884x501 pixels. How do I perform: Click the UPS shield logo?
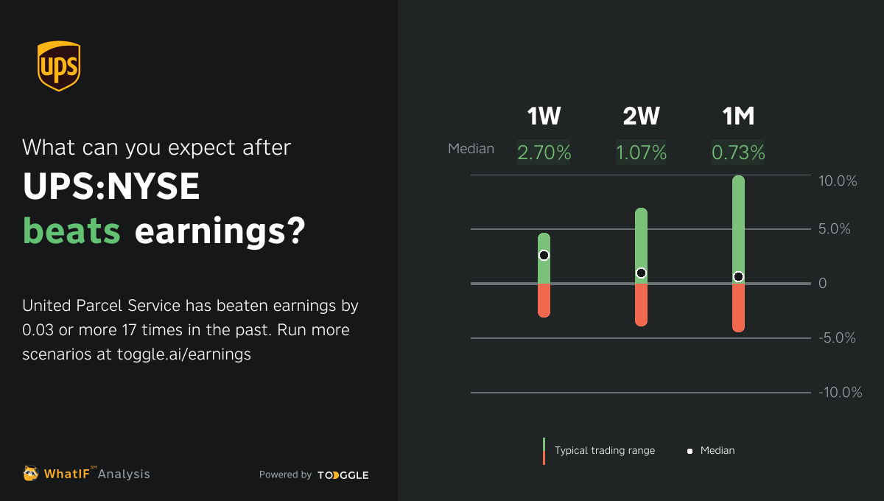(x=58, y=66)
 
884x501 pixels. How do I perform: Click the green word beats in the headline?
(x=71, y=231)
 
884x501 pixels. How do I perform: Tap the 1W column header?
(x=544, y=116)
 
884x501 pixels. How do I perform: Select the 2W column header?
(x=641, y=116)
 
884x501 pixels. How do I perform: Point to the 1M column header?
(x=738, y=116)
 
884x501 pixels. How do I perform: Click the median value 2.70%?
(x=544, y=153)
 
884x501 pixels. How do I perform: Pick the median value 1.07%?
(x=641, y=153)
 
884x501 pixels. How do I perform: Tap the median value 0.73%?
(x=738, y=153)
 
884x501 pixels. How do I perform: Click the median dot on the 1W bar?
(x=544, y=255)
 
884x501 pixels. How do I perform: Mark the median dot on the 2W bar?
(x=641, y=273)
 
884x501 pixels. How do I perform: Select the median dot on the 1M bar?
(x=738, y=276)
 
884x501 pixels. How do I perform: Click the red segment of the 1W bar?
(x=544, y=300)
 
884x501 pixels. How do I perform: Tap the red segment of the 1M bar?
(x=738, y=307)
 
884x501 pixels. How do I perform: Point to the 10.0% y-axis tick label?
(x=838, y=181)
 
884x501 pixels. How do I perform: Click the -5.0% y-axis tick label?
(x=838, y=338)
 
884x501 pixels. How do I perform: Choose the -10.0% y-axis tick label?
(x=840, y=393)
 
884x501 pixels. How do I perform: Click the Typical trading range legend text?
(x=604, y=450)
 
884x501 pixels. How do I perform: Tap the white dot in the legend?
(x=690, y=451)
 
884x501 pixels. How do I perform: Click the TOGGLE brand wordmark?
(x=343, y=475)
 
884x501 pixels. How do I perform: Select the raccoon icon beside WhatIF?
(x=31, y=473)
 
